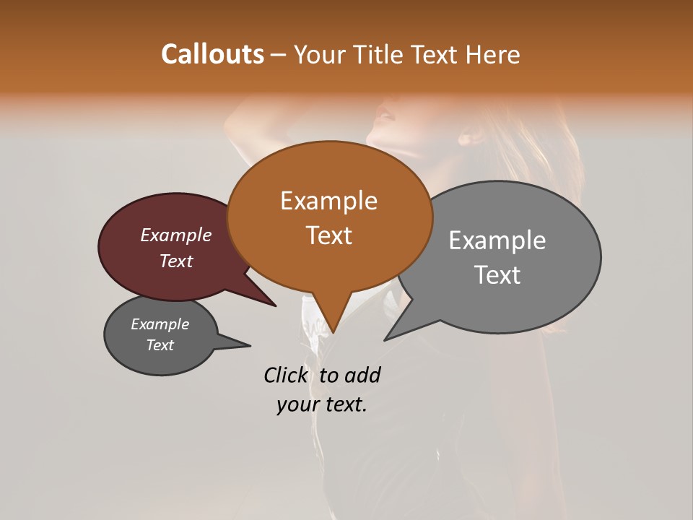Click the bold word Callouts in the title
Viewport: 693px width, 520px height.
212,54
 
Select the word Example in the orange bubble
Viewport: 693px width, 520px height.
328,201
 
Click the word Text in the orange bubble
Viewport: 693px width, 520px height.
329,235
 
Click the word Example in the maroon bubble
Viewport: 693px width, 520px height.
175,235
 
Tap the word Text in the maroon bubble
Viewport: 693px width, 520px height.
176,261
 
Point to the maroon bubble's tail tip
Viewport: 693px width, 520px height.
275,305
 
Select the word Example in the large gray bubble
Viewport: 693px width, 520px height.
497,240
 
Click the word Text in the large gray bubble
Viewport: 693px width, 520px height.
498,275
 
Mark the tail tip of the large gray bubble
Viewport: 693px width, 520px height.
385,339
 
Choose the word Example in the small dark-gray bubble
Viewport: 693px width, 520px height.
160,324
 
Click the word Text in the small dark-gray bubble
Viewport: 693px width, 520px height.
160,345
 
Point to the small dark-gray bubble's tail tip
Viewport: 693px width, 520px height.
250,345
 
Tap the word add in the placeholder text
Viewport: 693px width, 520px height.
362,375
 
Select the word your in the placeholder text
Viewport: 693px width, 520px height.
298,405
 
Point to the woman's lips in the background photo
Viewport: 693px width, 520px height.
385,116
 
